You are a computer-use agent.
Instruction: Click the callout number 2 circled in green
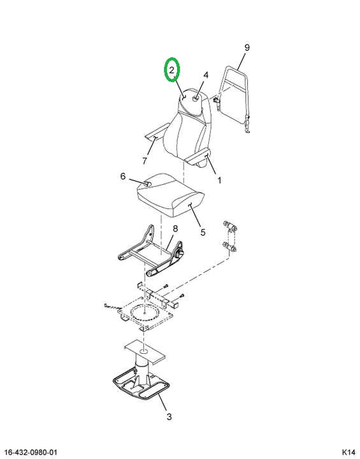point(171,69)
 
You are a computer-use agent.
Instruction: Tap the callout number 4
point(206,75)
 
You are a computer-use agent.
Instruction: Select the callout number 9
point(247,47)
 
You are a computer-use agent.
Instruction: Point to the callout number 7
point(145,161)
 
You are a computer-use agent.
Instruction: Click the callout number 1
point(219,180)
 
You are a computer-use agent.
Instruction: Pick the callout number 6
point(123,176)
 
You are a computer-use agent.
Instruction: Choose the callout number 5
point(203,232)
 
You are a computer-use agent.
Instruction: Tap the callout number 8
point(175,229)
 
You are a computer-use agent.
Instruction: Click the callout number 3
point(169,416)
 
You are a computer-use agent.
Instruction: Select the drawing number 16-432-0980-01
point(31,453)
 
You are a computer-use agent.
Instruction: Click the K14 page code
point(348,453)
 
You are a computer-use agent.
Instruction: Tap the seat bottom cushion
point(170,194)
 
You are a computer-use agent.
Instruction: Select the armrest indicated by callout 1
point(197,157)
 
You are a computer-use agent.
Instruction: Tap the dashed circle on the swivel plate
point(145,313)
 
